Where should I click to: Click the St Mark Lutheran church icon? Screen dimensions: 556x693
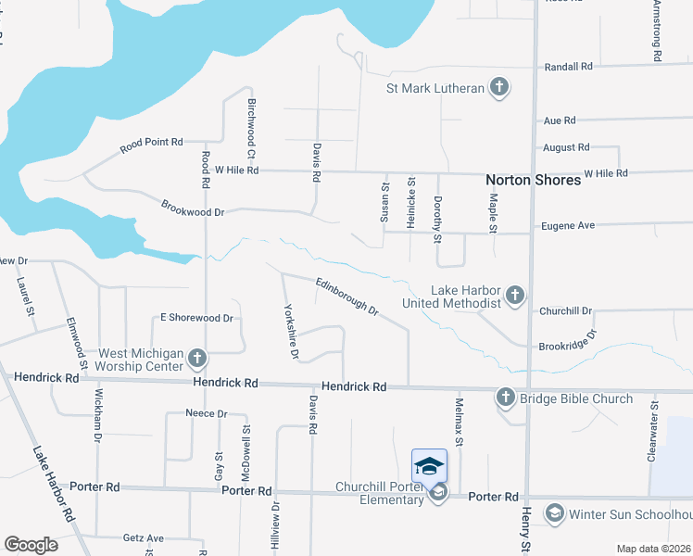(499, 88)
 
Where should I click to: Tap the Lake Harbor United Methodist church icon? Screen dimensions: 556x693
(516, 296)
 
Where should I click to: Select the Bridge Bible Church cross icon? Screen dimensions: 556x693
(506, 398)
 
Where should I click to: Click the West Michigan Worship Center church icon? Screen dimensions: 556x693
(196, 359)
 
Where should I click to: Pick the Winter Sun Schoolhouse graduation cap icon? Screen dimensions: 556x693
(554, 513)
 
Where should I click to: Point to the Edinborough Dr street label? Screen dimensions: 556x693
(346, 296)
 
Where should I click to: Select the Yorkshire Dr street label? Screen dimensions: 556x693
(291, 331)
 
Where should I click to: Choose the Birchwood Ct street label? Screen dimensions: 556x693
(251, 130)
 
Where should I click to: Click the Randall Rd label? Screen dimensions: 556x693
(568, 67)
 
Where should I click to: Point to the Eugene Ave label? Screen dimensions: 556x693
(568, 225)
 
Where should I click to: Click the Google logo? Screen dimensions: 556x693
(31, 545)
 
